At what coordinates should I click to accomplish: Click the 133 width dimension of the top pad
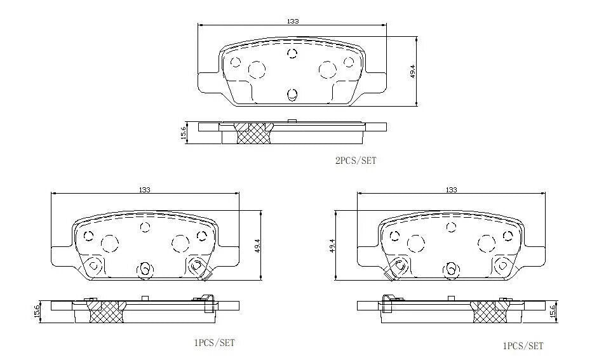pyautogui.click(x=293, y=21)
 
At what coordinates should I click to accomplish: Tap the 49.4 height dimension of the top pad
pyautogui.click(x=413, y=71)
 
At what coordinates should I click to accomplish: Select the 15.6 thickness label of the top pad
pyautogui.click(x=184, y=133)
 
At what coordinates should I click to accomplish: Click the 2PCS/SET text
pyautogui.click(x=356, y=161)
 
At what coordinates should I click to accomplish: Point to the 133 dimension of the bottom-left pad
pyautogui.click(x=145, y=189)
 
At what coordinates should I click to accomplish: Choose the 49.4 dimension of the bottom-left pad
pyautogui.click(x=257, y=246)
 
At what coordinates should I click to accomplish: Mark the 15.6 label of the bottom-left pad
pyautogui.click(x=37, y=312)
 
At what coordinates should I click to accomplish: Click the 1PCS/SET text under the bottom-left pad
pyautogui.click(x=214, y=343)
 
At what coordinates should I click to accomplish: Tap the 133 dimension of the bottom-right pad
pyautogui.click(x=451, y=189)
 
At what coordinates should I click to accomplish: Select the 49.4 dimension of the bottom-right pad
pyautogui.click(x=332, y=246)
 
